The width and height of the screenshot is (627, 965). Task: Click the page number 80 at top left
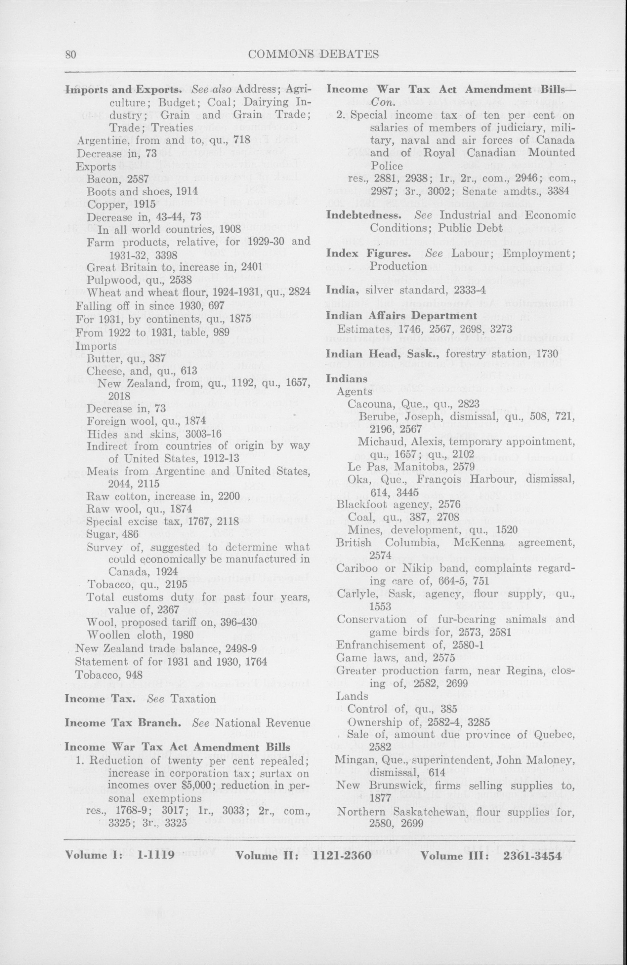(71, 54)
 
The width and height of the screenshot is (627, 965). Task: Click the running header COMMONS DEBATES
(313, 54)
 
